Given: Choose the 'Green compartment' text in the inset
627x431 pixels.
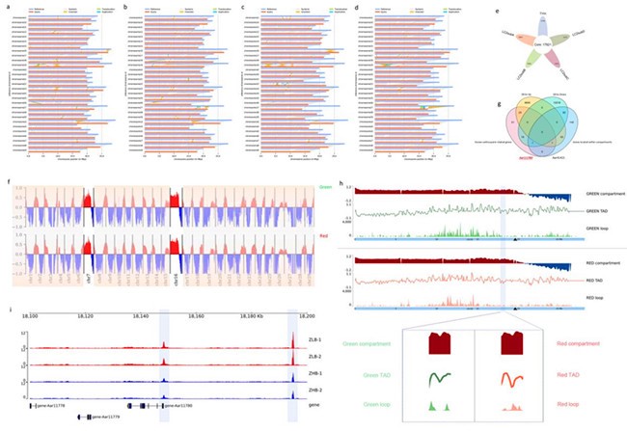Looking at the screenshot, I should pos(369,341).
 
